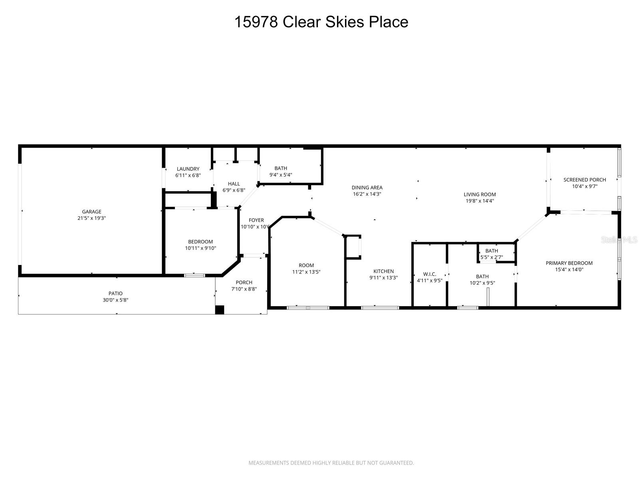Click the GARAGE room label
coord(91,212)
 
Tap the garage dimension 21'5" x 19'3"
coord(91,218)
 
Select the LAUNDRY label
coord(188,169)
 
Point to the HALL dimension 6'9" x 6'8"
coord(234,190)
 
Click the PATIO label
coord(115,293)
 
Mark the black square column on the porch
coord(220,310)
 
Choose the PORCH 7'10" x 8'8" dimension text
coord(244,289)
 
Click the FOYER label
coord(256,220)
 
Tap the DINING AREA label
coord(367,187)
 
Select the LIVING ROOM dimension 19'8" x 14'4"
coord(480,201)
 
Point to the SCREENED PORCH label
coord(584,180)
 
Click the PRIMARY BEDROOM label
coord(569,263)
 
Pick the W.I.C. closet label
coord(429,274)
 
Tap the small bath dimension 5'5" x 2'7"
coord(491,257)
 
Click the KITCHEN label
coord(383,271)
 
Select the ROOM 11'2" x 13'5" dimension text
coord(306,272)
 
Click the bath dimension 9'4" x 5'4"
coord(281,174)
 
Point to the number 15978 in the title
coord(256,22)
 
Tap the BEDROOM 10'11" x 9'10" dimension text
coord(200,248)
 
